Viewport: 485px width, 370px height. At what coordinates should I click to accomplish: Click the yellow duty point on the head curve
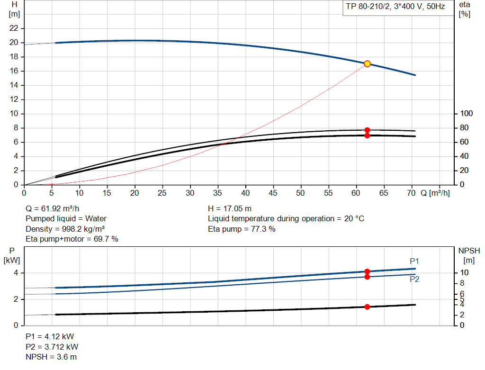367,63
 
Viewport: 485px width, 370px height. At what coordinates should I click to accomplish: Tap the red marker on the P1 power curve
367,271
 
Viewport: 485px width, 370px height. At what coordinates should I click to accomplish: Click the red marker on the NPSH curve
367,307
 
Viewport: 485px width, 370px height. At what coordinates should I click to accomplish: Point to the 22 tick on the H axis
14,28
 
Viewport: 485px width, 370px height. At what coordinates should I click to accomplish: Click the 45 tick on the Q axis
273,193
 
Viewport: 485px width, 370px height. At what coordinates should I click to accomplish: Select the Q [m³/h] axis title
435,193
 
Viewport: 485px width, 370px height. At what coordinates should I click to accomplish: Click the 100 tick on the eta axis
467,114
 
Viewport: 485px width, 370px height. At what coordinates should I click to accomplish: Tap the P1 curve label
414,261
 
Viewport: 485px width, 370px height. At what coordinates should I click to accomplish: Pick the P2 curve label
414,279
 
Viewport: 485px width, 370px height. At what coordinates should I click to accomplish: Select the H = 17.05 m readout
230,208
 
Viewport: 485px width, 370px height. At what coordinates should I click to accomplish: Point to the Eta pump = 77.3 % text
242,229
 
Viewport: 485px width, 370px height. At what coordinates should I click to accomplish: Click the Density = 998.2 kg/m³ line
65,229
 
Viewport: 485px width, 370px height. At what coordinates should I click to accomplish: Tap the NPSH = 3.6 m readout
51,357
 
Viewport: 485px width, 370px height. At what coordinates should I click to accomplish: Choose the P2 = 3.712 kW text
52,347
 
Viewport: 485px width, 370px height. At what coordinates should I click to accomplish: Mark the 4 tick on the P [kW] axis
16,273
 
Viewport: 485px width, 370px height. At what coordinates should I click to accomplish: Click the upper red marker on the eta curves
367,130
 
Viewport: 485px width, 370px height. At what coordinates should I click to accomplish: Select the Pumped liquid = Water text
66,218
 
